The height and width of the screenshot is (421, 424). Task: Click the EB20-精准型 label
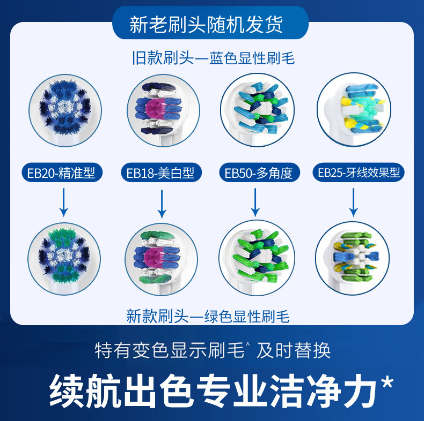64,173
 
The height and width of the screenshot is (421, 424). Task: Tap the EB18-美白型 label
160,173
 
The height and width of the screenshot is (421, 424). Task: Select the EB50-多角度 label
258,173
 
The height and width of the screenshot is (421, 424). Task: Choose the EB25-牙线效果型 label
358,172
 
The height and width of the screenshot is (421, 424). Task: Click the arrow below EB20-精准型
64,204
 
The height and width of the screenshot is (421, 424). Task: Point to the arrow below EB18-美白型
161,204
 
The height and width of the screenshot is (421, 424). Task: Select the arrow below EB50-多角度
255,204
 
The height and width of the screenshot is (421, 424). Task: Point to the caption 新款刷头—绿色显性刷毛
208,317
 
